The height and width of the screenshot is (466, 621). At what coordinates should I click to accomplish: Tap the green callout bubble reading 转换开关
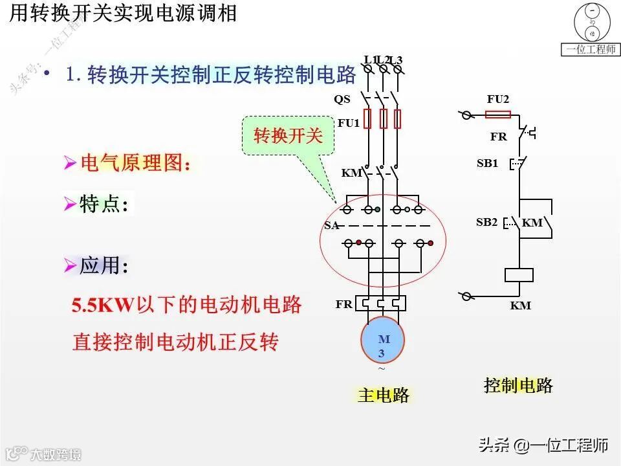pyautogui.click(x=287, y=136)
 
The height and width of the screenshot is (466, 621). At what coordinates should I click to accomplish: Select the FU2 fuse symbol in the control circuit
pyautogui.click(x=497, y=115)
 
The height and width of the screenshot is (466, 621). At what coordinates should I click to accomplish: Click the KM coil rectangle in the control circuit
pyautogui.click(x=519, y=274)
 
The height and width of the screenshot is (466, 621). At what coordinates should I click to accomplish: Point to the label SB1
pyautogui.click(x=487, y=163)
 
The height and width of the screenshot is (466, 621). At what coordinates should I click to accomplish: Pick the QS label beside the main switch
pyautogui.click(x=342, y=100)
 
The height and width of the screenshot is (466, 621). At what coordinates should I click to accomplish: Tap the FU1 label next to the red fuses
pyautogui.click(x=348, y=122)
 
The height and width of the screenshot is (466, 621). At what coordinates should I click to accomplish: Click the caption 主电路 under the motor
pyautogui.click(x=383, y=395)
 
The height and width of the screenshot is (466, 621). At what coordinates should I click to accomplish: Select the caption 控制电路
pyautogui.click(x=518, y=386)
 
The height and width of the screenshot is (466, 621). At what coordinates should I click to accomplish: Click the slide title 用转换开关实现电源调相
pyautogui.click(x=122, y=14)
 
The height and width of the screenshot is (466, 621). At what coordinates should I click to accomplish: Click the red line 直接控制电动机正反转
pyautogui.click(x=175, y=341)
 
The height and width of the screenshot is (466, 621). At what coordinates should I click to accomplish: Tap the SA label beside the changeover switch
pyautogui.click(x=331, y=225)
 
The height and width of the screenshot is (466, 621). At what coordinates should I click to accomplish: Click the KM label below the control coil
pyautogui.click(x=520, y=305)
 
